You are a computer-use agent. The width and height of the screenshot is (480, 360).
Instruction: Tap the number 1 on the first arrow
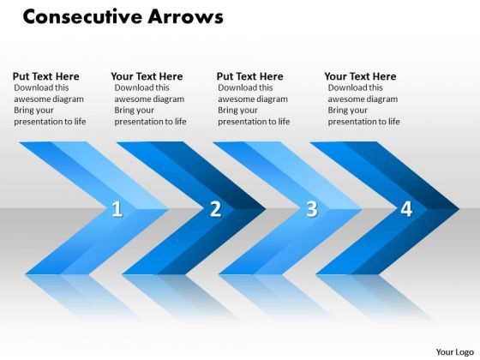click(x=117, y=208)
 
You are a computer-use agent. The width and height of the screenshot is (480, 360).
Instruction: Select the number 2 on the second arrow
click(x=215, y=208)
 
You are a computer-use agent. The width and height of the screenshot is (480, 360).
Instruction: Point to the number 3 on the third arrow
click(x=311, y=208)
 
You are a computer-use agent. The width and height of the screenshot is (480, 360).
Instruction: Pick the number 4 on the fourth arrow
click(x=406, y=208)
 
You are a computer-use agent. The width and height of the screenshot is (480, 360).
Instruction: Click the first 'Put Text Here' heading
click(x=45, y=76)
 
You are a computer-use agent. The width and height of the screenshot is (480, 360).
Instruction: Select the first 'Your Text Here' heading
click(x=147, y=76)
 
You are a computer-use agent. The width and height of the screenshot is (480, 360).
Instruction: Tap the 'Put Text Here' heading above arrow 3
click(x=249, y=76)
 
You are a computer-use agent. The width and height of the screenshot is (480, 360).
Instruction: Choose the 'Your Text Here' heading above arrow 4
click(x=360, y=76)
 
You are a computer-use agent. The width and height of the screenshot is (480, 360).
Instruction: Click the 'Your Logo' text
click(x=453, y=351)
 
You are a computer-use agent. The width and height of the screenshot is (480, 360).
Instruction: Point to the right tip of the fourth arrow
click(x=458, y=207)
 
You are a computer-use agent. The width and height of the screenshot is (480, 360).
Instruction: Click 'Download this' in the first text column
click(x=42, y=87)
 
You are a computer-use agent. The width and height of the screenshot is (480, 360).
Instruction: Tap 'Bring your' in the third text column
click(x=239, y=110)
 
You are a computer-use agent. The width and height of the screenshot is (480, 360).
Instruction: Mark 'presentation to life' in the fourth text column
click(x=363, y=121)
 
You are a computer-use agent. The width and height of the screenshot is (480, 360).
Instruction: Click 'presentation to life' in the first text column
click(x=50, y=121)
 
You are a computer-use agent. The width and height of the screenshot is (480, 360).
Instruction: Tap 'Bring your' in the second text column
click(x=135, y=110)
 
